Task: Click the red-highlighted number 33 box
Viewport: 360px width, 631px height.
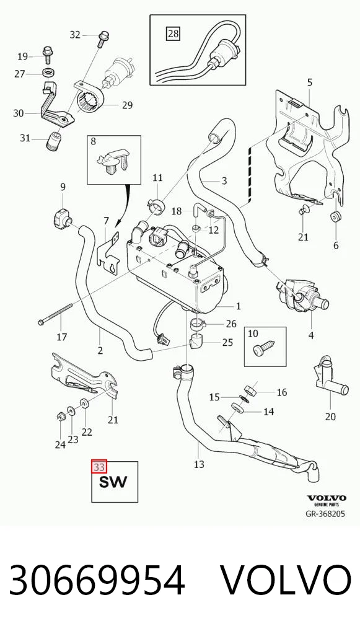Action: point(99,467)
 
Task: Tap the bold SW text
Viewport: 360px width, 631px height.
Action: point(113,482)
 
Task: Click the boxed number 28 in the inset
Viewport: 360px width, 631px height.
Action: point(173,33)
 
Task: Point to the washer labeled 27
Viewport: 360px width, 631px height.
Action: point(48,74)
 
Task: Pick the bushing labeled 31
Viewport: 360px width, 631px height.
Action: point(52,141)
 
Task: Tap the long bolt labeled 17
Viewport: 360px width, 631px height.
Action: point(56,314)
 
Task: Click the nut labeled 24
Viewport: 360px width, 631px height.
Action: point(60,416)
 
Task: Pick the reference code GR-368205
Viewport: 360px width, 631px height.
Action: point(325,514)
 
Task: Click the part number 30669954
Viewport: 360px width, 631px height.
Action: point(97,581)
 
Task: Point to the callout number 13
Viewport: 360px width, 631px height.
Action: point(199,464)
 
